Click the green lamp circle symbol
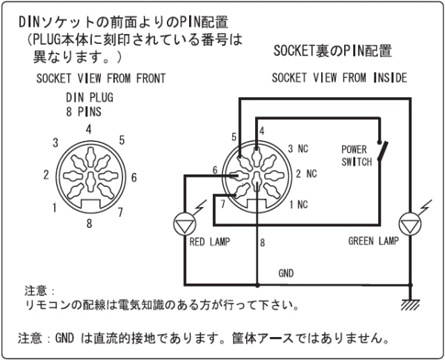[x=409, y=223]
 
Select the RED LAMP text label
[x=211, y=241]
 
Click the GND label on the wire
[x=286, y=273]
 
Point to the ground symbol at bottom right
[x=409, y=302]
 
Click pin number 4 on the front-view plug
[x=88, y=129]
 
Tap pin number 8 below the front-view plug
[x=88, y=221]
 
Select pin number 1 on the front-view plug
[x=55, y=208]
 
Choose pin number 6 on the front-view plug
[x=133, y=177]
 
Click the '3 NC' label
[x=297, y=148]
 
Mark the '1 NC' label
[x=297, y=203]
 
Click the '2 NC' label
[x=305, y=174]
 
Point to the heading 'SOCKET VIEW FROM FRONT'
[x=101, y=78]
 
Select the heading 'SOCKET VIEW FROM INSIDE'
[x=339, y=78]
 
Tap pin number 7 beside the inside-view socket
[x=222, y=201]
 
